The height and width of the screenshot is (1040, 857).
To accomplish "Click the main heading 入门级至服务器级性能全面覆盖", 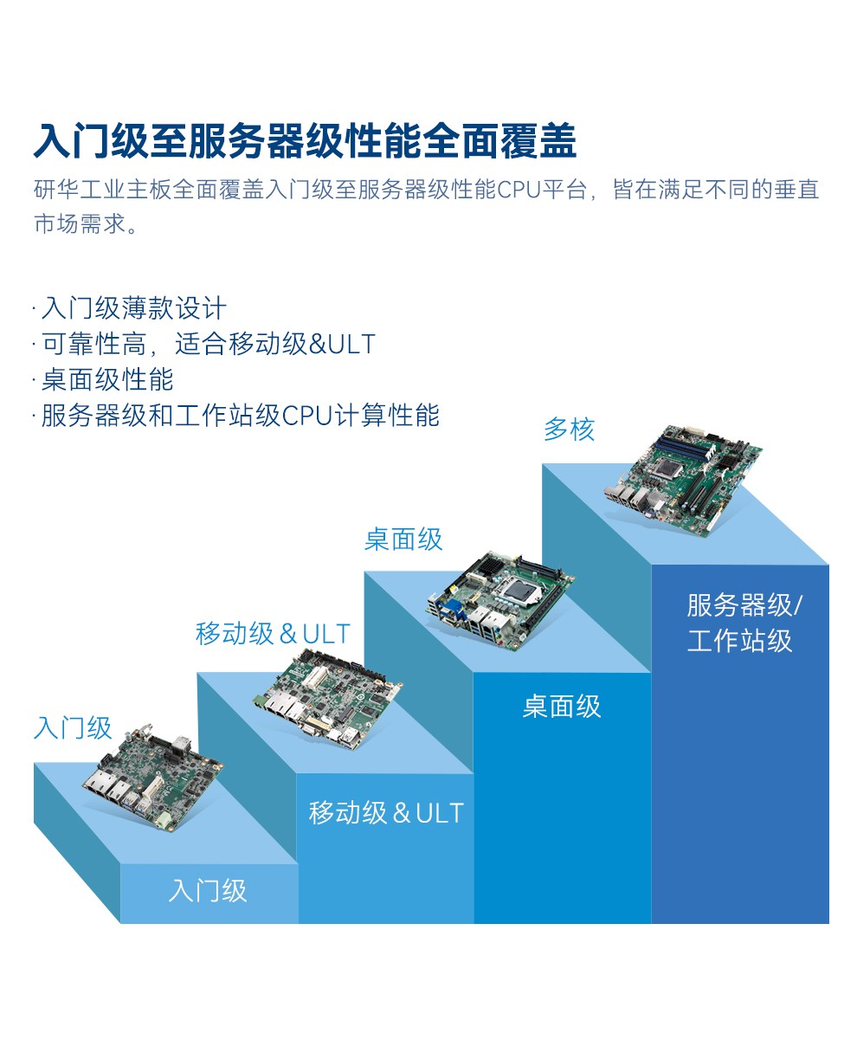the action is point(305,142).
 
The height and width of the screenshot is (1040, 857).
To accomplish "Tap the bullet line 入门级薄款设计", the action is point(133,307).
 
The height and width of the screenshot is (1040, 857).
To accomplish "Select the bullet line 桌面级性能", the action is point(107,379).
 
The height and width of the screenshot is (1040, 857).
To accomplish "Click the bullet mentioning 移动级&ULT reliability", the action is point(208,344).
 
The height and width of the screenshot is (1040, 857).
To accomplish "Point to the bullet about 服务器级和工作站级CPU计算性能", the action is point(240,416).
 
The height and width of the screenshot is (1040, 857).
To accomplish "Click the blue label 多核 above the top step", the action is point(570,430).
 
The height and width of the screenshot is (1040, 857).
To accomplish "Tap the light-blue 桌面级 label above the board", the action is point(403,539).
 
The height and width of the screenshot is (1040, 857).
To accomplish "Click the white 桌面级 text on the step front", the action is point(562,707).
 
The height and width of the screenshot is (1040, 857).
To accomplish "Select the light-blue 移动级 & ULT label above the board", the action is point(273,634).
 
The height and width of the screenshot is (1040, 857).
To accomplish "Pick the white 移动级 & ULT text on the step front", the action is point(386,813).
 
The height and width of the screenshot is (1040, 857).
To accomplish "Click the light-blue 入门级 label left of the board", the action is point(73,728).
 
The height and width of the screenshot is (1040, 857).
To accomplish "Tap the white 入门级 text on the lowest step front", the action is point(208,890).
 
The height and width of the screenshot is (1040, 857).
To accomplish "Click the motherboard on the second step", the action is point(328,700).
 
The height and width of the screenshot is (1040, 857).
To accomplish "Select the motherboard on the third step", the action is point(500,600).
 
